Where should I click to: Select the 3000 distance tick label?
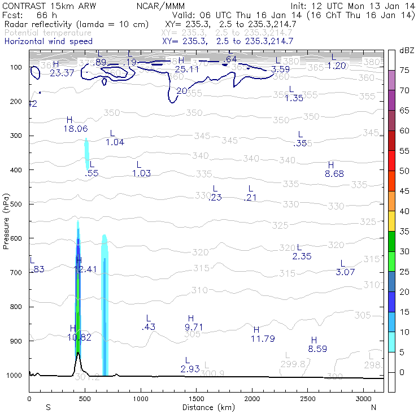point(363,398)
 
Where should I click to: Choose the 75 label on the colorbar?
point(404,70)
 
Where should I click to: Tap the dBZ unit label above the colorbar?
point(406,50)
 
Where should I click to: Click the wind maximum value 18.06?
point(75,129)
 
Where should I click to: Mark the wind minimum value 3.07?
point(345,272)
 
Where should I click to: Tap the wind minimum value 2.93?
point(190,369)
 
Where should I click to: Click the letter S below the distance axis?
point(48,407)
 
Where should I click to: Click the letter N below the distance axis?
point(373,407)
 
